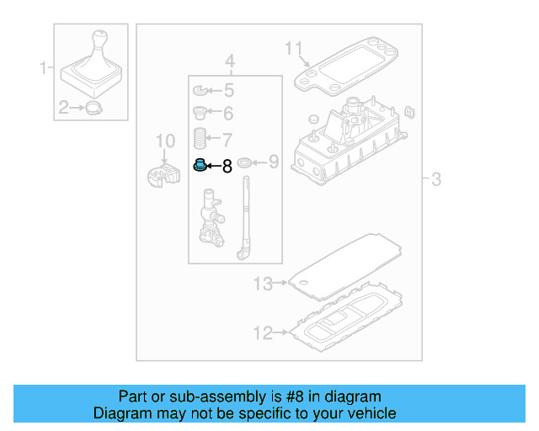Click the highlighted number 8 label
point(226,167)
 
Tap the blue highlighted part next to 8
point(200,164)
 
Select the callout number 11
point(292,48)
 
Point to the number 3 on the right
point(436,179)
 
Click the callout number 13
point(264,285)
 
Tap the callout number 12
point(264,333)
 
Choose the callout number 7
point(227,139)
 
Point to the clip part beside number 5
point(200,90)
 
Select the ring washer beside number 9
point(244,162)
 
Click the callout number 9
point(273,162)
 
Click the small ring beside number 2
point(93,107)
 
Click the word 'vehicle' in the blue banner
point(366,413)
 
